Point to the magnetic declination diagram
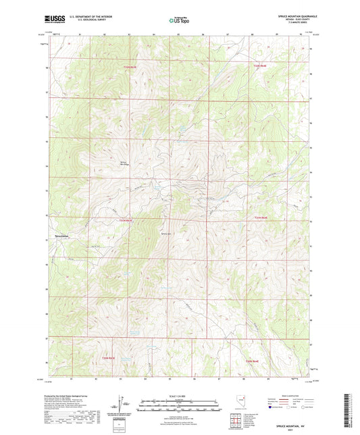click(x=124, y=402)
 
